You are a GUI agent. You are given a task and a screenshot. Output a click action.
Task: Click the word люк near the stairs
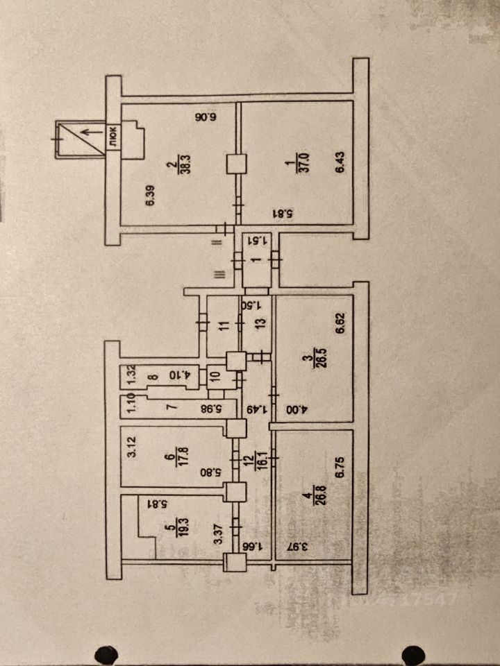(x=112, y=137)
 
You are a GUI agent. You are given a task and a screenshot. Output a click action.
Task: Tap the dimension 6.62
(x=340, y=323)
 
